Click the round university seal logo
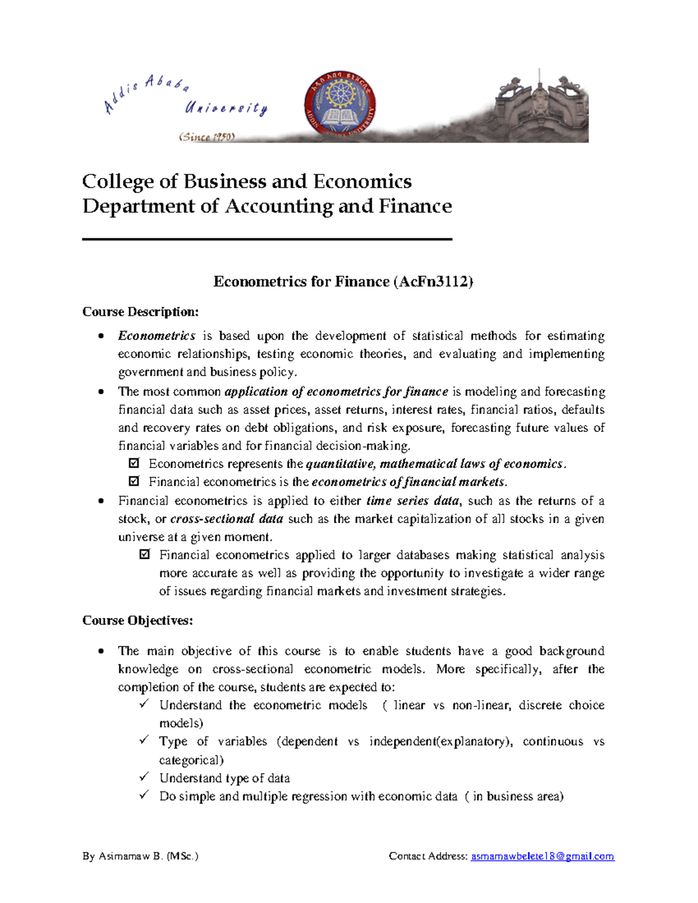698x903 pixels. coord(340,108)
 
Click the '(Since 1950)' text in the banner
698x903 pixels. coord(206,137)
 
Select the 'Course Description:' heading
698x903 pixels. coord(140,312)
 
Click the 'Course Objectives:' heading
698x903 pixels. coord(137,621)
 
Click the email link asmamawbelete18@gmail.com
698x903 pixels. coord(542,856)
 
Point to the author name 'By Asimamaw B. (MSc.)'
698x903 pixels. coord(140,856)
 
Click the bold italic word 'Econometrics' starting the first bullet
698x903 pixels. coord(156,336)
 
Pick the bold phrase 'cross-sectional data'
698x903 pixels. coord(226,519)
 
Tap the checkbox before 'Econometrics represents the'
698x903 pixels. coord(134,464)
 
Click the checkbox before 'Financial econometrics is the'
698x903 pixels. coord(134,482)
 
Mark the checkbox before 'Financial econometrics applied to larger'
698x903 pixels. coord(145,555)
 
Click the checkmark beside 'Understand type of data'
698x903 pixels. coord(144,777)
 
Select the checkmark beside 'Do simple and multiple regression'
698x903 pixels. coord(144,795)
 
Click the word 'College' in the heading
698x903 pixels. coord(118,182)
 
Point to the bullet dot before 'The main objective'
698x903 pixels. coord(102,651)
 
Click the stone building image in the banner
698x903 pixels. coord(541,108)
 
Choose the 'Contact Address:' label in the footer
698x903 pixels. coord(428,856)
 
